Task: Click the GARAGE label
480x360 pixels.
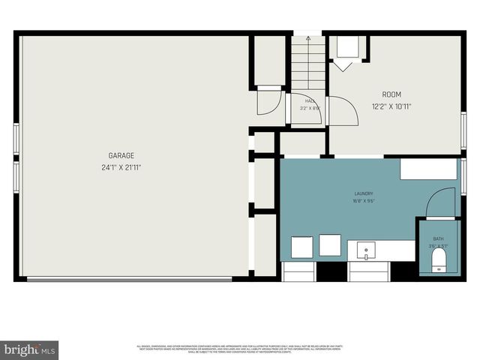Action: point(120,155)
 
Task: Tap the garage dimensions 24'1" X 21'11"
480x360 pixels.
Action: point(120,166)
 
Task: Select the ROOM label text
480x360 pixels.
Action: point(391,94)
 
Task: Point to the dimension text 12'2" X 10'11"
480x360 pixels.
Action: point(391,106)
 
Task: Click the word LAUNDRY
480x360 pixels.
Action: point(364,193)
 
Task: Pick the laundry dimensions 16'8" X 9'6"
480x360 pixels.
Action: point(364,202)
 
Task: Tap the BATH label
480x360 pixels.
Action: point(438,238)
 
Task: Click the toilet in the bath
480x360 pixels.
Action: point(439,260)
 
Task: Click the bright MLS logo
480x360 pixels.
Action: point(30,349)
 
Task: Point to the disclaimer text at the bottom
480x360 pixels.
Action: point(240,349)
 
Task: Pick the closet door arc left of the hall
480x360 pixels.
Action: point(269,102)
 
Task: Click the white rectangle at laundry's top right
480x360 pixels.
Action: point(427,169)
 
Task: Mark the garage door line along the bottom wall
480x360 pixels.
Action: point(129,280)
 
